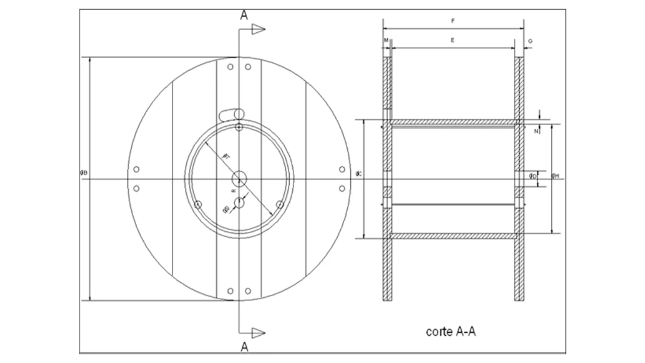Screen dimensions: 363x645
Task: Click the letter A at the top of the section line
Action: tap(244, 15)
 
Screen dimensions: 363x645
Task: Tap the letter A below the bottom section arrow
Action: tap(244, 347)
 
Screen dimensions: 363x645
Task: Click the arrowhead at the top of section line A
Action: tap(259, 29)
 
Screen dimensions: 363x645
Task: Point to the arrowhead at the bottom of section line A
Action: tap(259, 332)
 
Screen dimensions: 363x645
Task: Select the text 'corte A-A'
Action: tap(451, 331)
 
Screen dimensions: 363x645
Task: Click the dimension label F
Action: tap(453, 22)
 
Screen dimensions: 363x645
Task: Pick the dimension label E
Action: tap(453, 40)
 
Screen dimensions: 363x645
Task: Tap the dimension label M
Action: tap(386, 40)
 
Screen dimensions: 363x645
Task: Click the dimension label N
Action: tap(536, 131)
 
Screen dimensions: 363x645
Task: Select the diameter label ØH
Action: tap(555, 175)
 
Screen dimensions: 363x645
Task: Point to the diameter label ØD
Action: tap(533, 176)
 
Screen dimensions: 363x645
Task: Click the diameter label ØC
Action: tap(358, 174)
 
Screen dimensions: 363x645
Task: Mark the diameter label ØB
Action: tap(84, 173)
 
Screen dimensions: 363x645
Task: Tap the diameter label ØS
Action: tap(226, 209)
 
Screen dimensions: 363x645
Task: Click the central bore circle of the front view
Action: tap(239, 178)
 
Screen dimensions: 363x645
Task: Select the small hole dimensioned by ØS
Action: tap(239, 203)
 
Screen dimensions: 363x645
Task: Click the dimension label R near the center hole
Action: tap(233, 191)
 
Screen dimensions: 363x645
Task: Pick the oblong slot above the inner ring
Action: tap(233, 114)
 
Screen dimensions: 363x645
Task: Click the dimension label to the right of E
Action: tap(531, 40)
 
